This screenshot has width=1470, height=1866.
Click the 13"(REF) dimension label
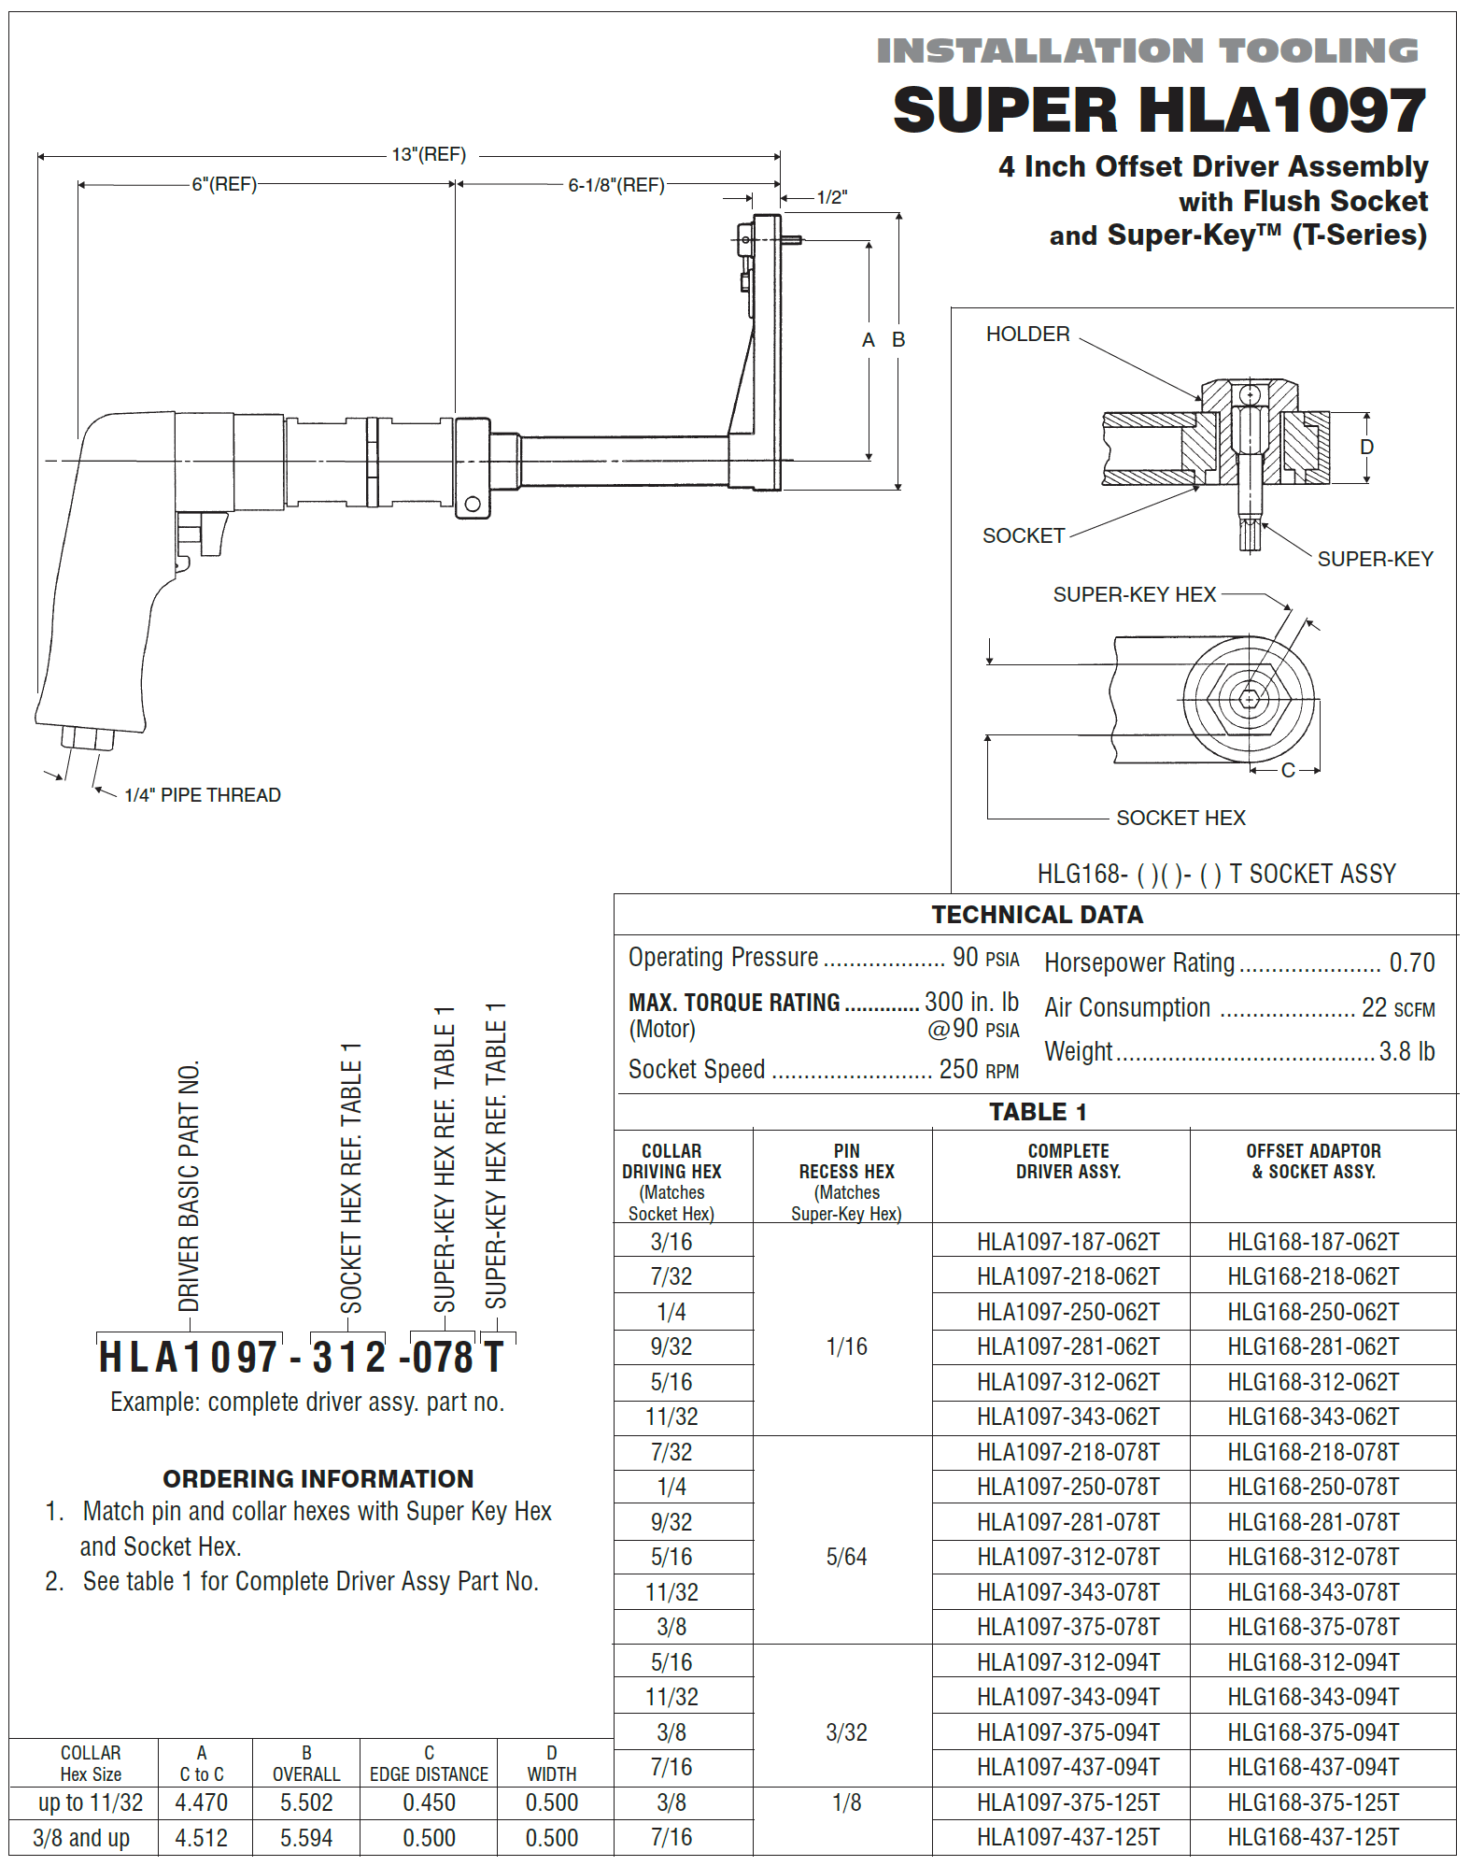(429, 154)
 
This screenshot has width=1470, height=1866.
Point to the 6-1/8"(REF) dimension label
(616, 185)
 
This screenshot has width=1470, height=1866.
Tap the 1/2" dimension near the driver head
(831, 197)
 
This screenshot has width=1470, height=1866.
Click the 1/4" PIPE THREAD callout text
(203, 795)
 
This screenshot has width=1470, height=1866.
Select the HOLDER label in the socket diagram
(1027, 335)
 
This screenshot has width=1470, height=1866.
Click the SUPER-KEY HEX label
(1134, 595)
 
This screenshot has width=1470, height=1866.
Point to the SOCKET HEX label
(1180, 819)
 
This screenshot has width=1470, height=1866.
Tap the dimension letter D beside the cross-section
(1366, 447)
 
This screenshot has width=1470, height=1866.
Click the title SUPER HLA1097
(1159, 111)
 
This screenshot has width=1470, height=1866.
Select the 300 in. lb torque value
(971, 1003)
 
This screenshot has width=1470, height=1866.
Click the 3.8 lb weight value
(1406, 1052)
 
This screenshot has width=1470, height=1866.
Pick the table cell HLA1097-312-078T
(1067, 1558)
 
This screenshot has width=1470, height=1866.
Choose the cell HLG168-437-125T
(1313, 1838)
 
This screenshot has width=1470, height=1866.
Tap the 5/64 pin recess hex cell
(846, 1558)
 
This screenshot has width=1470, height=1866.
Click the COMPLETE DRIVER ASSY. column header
(1068, 1161)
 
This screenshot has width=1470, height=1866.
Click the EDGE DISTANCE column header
(429, 1773)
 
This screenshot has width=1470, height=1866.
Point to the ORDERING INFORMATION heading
(318, 1479)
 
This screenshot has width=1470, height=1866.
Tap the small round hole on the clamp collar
(473, 505)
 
